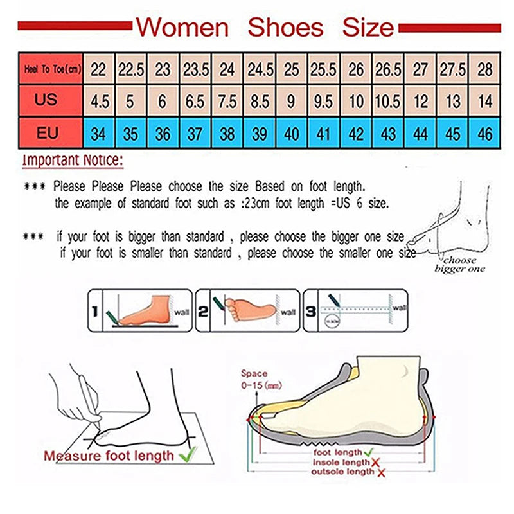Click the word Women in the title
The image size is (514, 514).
(182, 28)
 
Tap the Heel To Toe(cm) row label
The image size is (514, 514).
(51, 68)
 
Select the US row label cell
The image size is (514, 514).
(47, 101)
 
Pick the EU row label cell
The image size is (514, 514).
(47, 134)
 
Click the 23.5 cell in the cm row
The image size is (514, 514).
(195, 68)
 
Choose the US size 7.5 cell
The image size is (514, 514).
(227, 102)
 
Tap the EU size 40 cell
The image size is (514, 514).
(291, 134)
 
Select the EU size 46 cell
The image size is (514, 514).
(484, 134)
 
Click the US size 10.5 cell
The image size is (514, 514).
(388, 102)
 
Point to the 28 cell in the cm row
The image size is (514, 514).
(484, 68)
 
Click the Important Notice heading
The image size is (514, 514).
(72, 161)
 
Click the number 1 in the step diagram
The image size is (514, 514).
(94, 312)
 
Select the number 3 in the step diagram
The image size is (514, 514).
(310, 312)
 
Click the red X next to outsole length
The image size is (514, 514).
(380, 473)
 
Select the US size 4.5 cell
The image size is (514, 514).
(98, 102)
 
